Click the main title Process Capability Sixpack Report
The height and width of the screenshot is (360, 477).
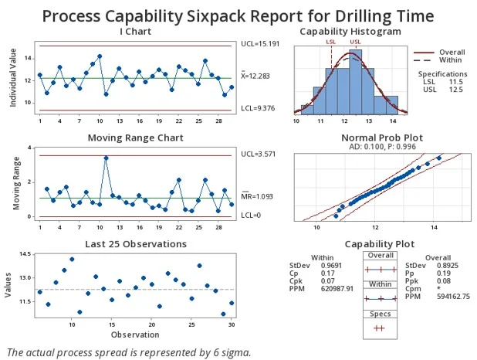tap(238, 15)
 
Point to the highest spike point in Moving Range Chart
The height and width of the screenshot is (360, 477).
tap(106, 158)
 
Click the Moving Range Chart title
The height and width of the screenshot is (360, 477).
tap(136, 138)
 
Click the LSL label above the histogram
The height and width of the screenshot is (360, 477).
tap(331, 42)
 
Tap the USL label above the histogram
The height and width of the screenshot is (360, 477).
tap(355, 42)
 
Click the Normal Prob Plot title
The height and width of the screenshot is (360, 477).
tap(372, 138)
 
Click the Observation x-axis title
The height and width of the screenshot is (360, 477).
tap(136, 335)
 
